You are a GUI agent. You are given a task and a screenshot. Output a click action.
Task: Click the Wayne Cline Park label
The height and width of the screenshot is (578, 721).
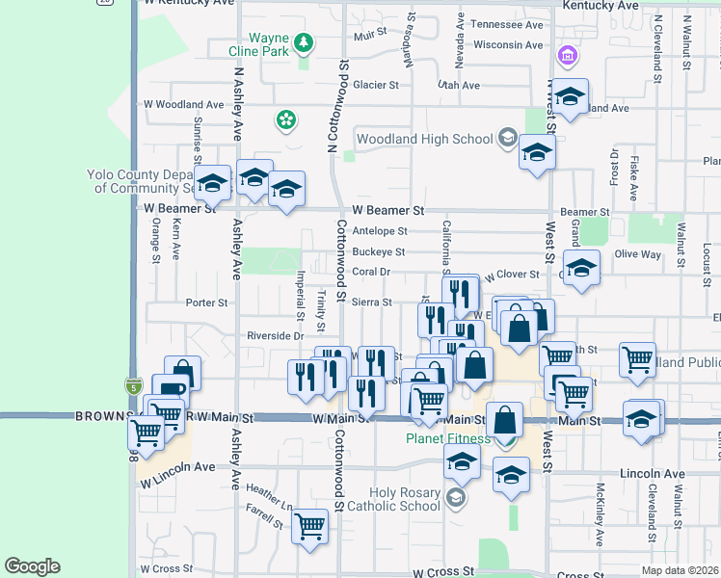coord(270,45)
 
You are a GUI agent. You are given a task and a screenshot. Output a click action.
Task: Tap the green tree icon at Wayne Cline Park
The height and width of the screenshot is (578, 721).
coord(304,41)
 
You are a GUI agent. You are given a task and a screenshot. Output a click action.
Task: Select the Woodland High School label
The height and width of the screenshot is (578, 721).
coord(424,139)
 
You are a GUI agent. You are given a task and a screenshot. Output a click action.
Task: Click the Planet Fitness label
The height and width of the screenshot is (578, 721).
coord(448,438)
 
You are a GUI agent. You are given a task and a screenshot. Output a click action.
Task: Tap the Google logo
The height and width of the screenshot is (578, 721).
coord(32,566)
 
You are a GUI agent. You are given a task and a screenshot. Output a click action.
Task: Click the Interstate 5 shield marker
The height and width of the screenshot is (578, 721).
coord(133,386)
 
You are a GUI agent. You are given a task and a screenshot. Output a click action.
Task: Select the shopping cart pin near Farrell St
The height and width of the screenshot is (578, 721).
coord(309,527)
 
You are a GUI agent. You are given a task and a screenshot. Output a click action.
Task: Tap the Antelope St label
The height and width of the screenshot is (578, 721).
coord(380,231)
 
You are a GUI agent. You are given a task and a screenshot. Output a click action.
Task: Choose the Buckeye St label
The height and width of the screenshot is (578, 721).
coord(378,251)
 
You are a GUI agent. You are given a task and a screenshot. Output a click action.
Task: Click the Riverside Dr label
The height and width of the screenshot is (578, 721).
coord(275,336)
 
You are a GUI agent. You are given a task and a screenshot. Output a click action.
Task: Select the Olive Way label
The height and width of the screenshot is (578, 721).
coord(638,254)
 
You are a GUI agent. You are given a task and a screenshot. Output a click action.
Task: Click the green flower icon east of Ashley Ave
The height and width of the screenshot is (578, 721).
coord(285,119)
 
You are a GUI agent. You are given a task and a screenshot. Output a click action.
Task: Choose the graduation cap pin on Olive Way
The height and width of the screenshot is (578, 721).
coord(581,269)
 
